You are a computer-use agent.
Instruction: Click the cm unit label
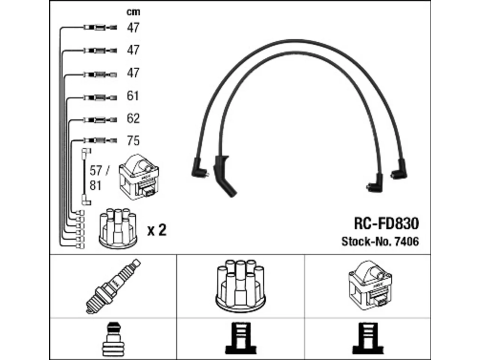click(x=133, y=12)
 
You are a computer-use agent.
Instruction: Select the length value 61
click(x=133, y=96)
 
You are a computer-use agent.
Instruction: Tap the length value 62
click(x=133, y=118)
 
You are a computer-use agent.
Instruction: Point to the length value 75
click(x=133, y=141)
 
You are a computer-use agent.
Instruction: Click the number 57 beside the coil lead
click(x=96, y=171)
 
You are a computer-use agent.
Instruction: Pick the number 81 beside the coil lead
click(x=95, y=186)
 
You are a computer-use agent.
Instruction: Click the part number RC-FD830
click(x=386, y=223)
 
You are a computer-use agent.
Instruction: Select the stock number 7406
click(x=406, y=241)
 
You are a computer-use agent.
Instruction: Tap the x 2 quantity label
click(x=157, y=230)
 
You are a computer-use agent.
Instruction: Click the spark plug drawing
click(x=113, y=286)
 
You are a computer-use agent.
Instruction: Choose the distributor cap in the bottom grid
click(x=240, y=286)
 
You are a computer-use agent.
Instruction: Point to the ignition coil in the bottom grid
click(x=370, y=285)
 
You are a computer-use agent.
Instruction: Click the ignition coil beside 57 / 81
click(x=139, y=177)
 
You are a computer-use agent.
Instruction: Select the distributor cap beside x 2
click(x=118, y=228)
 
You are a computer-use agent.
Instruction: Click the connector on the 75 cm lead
click(x=100, y=140)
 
